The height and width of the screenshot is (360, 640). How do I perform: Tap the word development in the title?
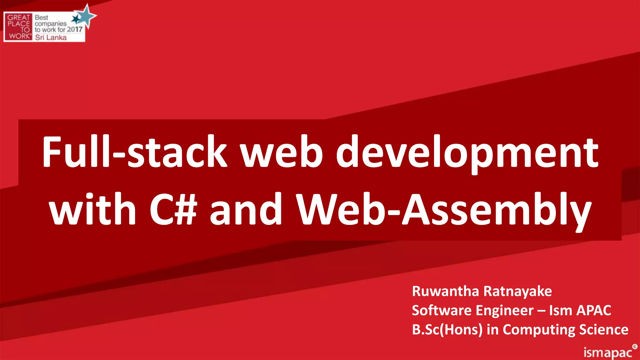[467, 153]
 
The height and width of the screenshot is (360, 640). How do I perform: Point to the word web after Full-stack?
[281, 152]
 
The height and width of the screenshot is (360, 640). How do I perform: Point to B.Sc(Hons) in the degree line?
[447, 330]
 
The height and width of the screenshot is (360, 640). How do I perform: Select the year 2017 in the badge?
[75, 30]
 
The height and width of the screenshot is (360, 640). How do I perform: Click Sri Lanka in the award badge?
[51, 37]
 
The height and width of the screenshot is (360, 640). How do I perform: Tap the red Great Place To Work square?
[18, 27]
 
